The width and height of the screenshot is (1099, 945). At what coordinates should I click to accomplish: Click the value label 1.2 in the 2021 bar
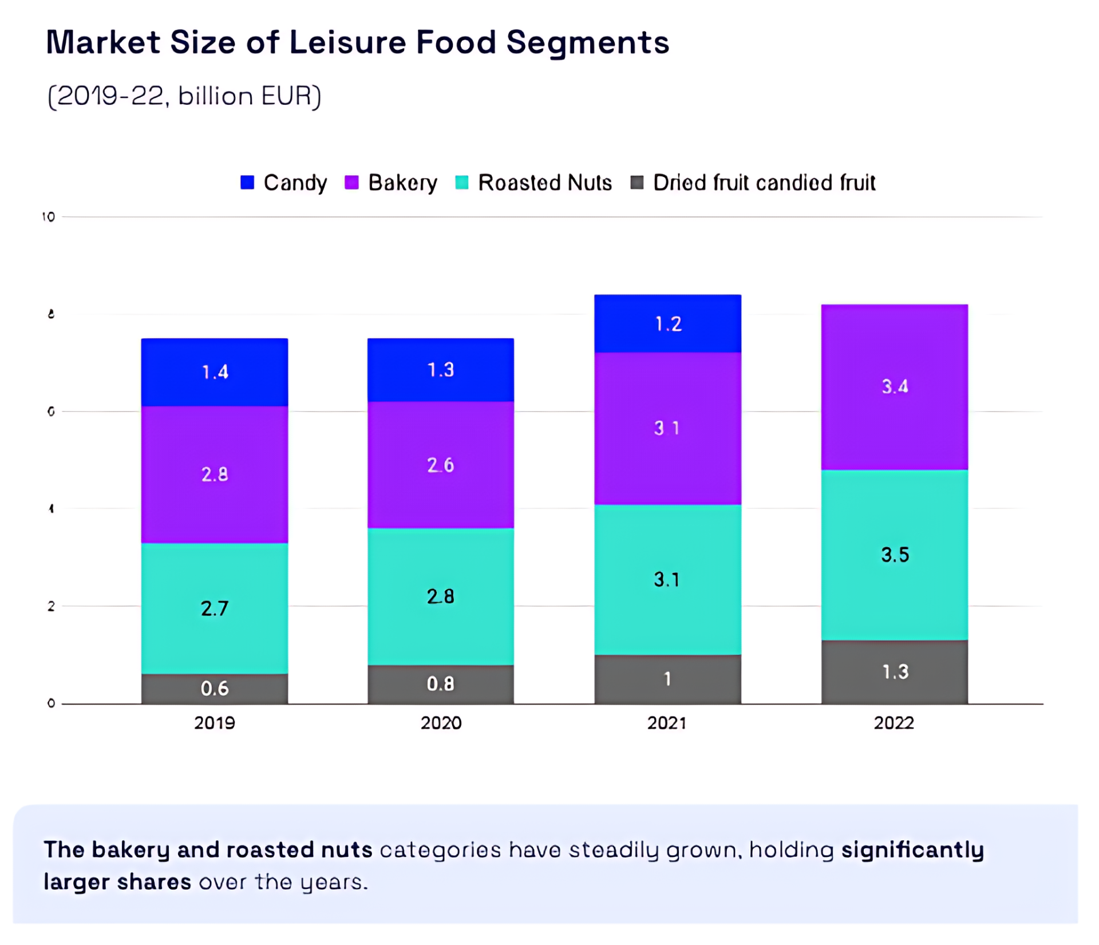click(668, 324)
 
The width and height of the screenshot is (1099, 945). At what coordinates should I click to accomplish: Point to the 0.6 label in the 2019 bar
click(215, 688)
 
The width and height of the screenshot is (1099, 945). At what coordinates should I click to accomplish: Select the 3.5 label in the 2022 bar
click(895, 555)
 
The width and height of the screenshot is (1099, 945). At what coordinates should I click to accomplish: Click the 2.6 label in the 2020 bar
click(441, 465)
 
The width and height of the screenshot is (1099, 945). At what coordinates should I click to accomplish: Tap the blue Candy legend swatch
click(247, 183)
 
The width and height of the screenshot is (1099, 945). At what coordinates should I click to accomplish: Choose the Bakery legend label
click(402, 183)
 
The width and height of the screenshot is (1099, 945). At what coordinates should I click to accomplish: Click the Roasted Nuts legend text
click(544, 183)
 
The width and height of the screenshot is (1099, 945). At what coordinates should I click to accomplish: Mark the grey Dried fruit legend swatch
click(637, 183)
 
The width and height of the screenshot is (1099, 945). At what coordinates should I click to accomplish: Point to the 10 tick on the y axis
click(49, 217)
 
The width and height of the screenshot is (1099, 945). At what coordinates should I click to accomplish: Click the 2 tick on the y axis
click(51, 606)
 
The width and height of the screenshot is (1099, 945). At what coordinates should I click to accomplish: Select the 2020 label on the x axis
click(441, 723)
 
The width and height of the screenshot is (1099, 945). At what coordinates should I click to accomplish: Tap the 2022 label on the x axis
click(894, 723)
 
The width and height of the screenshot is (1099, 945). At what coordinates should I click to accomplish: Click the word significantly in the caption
click(912, 850)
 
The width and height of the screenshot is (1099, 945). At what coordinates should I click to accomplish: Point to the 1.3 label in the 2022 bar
click(895, 671)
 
